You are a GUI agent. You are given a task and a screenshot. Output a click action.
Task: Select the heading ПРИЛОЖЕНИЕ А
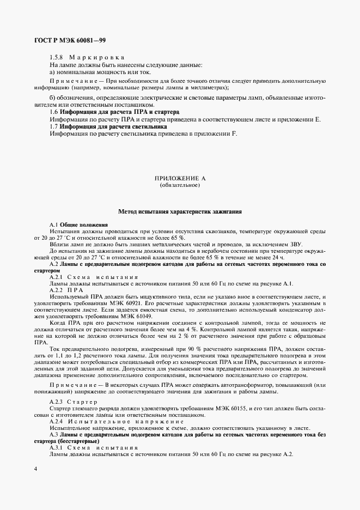[180, 178]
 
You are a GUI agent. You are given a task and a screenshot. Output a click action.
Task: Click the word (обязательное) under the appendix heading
[180, 185]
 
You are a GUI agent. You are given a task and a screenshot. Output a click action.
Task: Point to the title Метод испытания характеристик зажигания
[180, 211]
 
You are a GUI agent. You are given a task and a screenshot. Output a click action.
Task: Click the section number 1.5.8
[58, 57]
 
